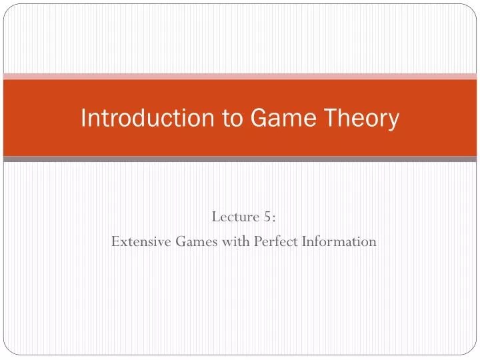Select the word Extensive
tap(141, 241)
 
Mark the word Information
tap(339, 241)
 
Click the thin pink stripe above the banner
tap(240, 77)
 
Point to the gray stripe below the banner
tap(240, 159)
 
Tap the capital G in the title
tap(259, 119)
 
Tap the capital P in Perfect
tap(257, 241)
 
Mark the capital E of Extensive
tap(115, 241)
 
